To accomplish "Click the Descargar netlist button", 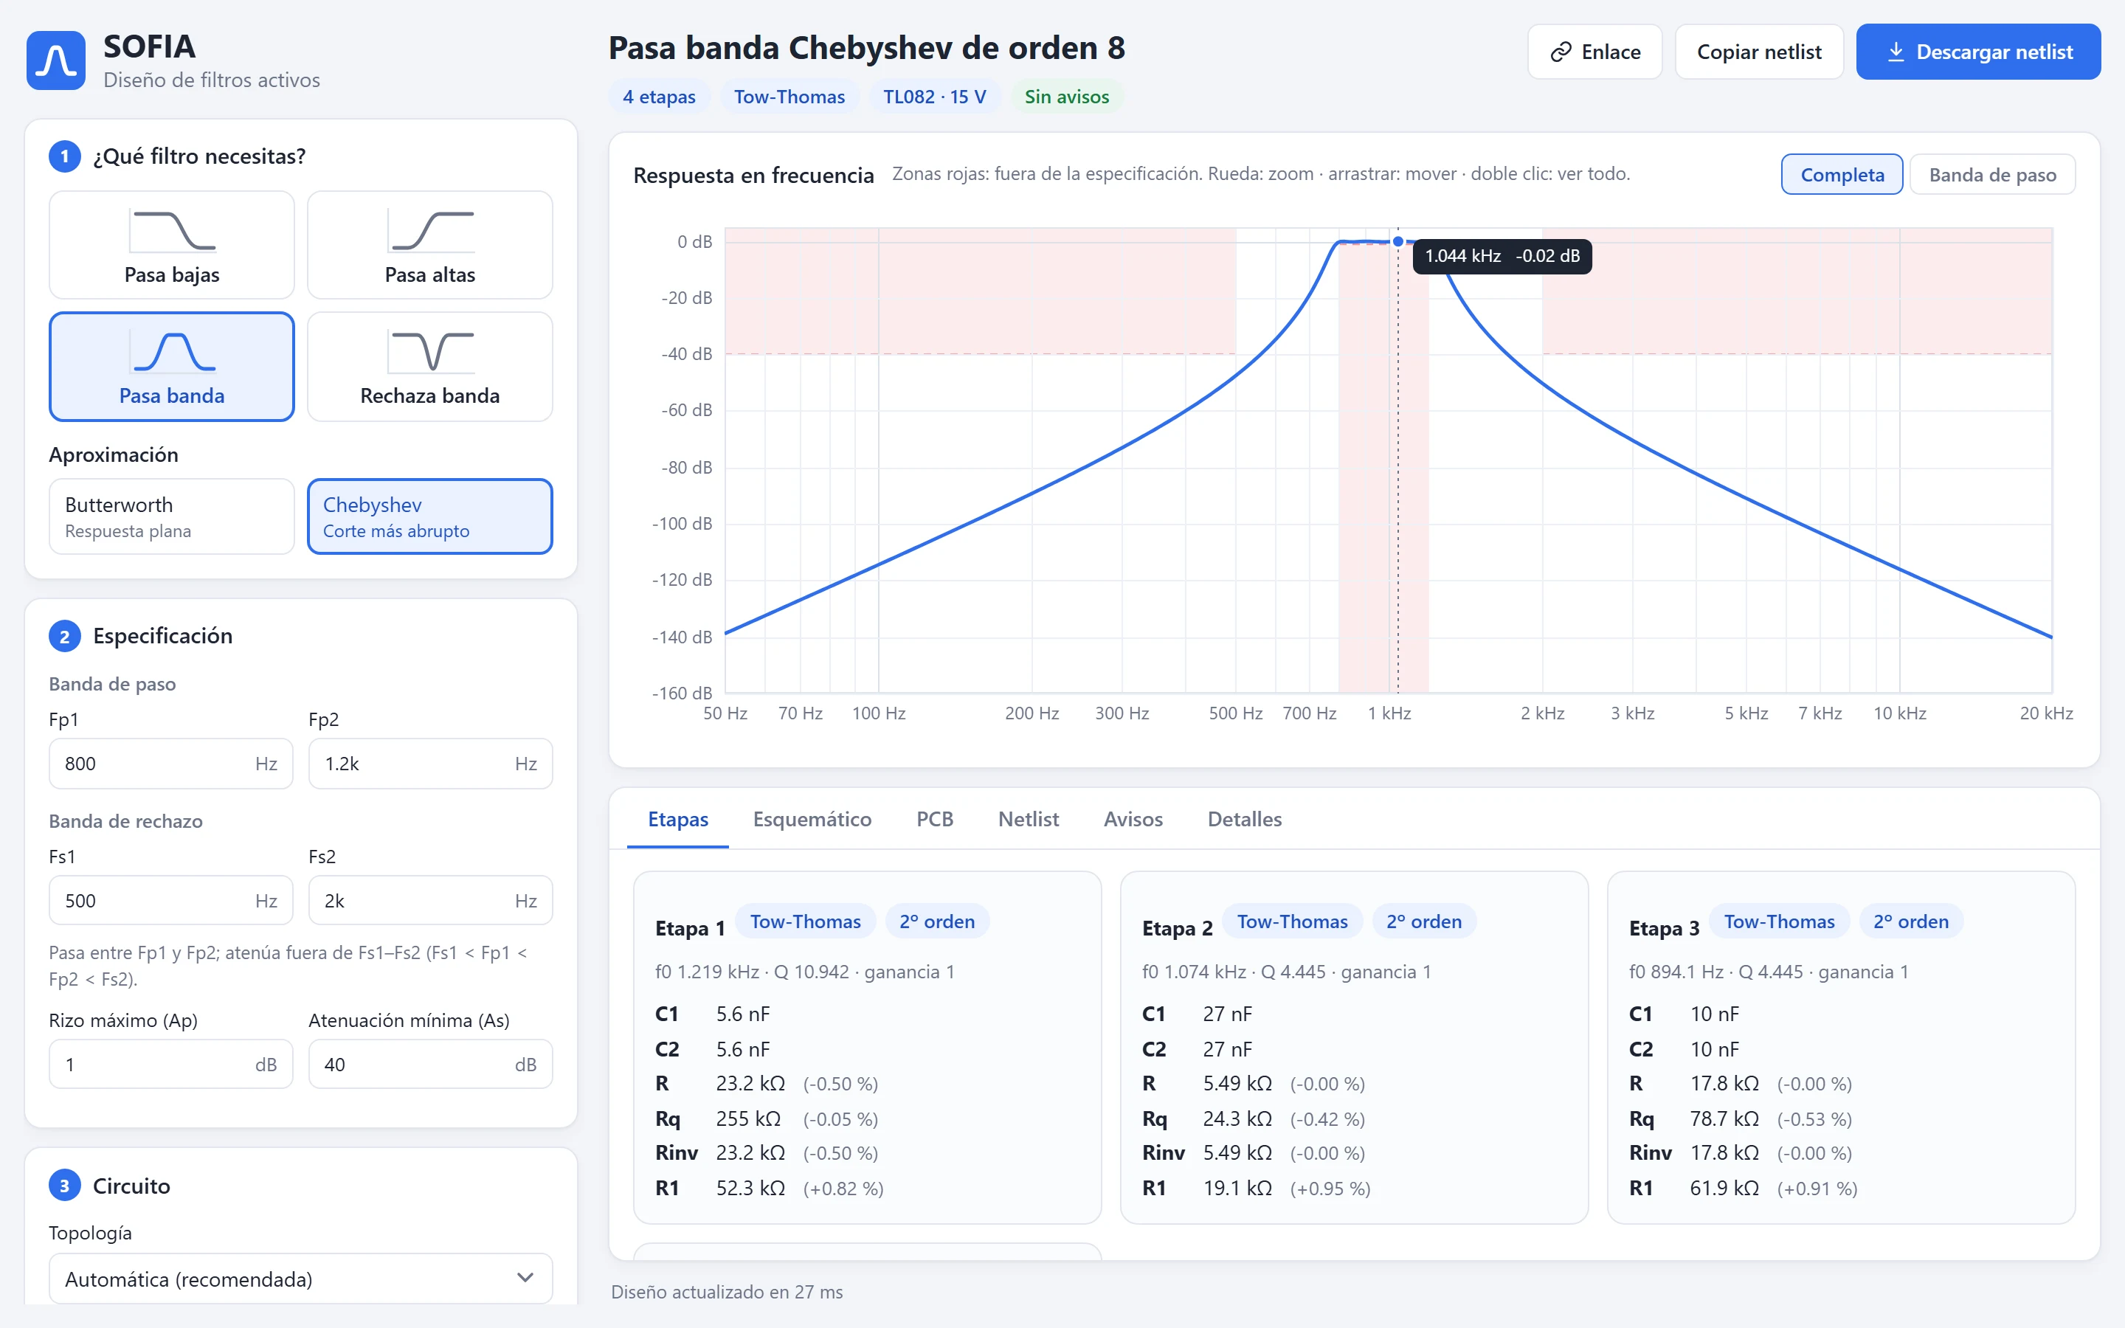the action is pos(1977,52).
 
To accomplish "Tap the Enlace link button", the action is pos(1594,52).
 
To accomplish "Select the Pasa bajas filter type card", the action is pos(171,245).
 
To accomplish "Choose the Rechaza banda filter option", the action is pos(429,366).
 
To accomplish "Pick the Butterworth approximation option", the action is pos(171,516).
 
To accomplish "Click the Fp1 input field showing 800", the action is pos(170,764).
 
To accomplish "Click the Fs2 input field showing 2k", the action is pos(430,900).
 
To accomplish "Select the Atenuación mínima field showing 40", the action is pos(430,1065).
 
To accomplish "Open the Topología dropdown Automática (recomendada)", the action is pos(300,1279).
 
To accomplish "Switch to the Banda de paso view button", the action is pos(1991,175).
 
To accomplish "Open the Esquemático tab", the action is pos(812,819).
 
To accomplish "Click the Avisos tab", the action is pos(1133,819).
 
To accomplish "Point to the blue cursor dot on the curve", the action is pos(1398,241).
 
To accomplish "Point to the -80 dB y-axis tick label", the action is pos(687,467).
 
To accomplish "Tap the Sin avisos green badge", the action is pos(1066,97).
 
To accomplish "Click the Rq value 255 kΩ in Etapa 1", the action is pos(748,1118).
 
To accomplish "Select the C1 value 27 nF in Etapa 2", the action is pos(1227,1014).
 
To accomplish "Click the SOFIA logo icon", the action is pos(56,60).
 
